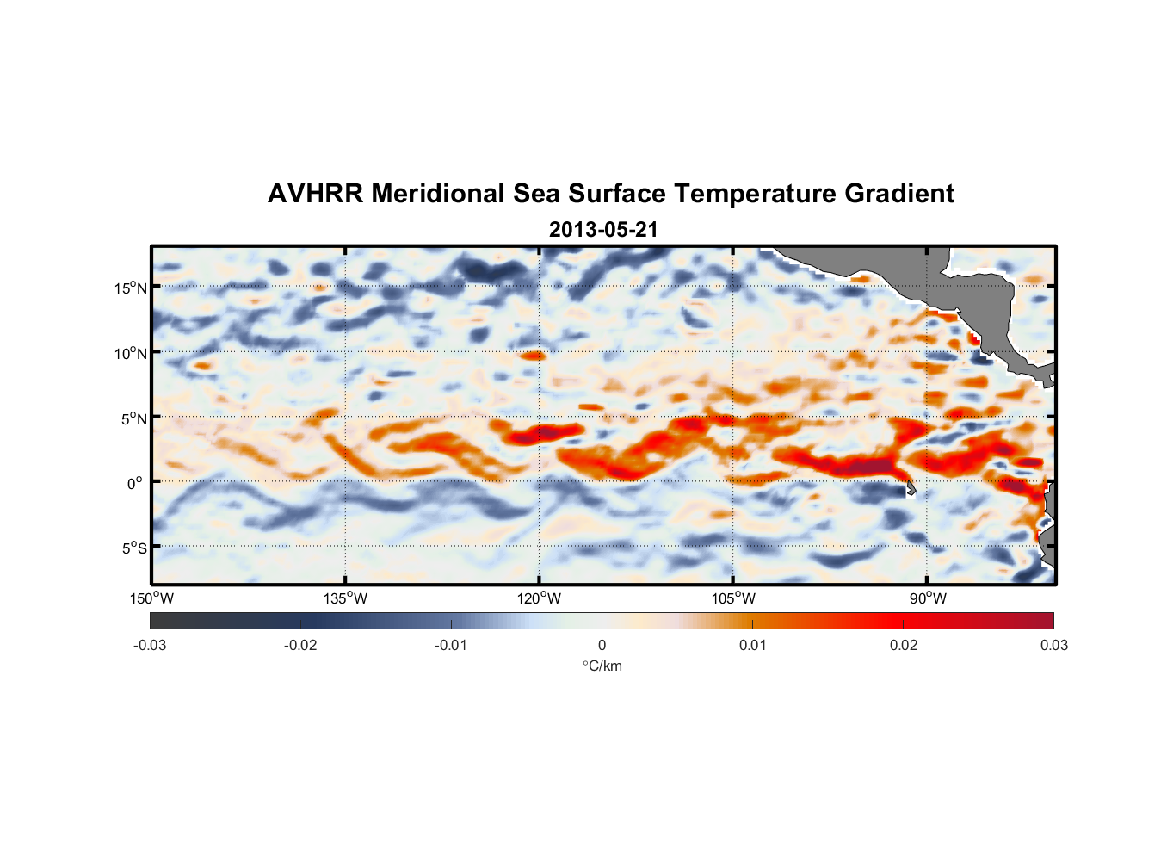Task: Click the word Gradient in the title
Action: [899, 194]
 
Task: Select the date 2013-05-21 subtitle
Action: [603, 230]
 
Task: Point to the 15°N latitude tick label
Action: [131, 288]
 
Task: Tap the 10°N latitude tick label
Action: [131, 353]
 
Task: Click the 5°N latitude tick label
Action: [133, 418]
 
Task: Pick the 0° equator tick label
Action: [135, 483]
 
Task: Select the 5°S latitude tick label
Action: [133, 548]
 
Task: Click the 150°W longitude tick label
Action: [151, 598]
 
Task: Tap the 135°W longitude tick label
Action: [345, 598]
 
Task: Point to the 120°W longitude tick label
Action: [539, 598]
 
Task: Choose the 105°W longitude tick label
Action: [733, 598]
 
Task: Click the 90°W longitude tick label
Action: [928, 598]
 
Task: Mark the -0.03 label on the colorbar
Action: [150, 646]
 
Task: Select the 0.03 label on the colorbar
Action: [1053, 646]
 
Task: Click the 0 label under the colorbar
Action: [602, 646]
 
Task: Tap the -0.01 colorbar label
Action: [451, 646]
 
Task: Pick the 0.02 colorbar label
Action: [903, 646]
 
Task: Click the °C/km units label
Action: [602, 666]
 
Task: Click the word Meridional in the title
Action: [438, 194]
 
